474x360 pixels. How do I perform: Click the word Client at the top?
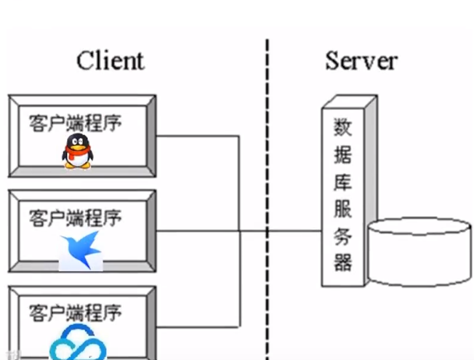pos(111,60)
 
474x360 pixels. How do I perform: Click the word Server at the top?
pos(361,60)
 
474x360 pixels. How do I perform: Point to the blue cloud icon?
pos(79,343)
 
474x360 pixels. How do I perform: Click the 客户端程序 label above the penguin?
pos(76,121)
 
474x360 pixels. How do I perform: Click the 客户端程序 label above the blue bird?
pos(76,217)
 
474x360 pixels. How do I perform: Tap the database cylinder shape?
pos(419,251)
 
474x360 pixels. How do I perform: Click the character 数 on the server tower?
pos(342,128)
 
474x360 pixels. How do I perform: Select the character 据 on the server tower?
pos(342,155)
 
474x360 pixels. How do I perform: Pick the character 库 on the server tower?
pos(342,182)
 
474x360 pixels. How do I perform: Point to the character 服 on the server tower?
pos(342,209)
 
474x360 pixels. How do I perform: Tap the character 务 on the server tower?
pos(342,236)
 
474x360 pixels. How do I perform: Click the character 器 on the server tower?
pos(342,262)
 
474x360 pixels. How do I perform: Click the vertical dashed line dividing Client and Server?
pos(267,182)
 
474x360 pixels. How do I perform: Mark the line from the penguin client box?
pos(196,135)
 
